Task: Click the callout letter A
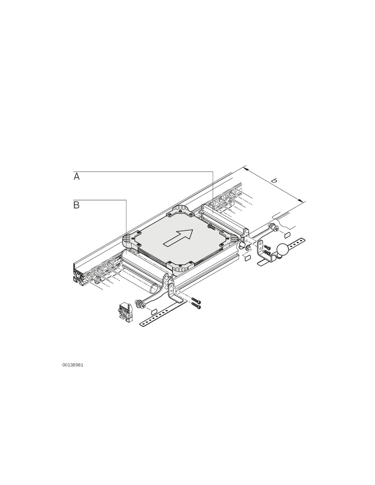pyautogui.click(x=76, y=176)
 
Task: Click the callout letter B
pyautogui.click(x=76, y=205)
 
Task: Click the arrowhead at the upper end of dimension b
pyautogui.click(x=246, y=169)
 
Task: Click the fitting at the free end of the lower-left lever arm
pyautogui.click(x=139, y=304)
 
